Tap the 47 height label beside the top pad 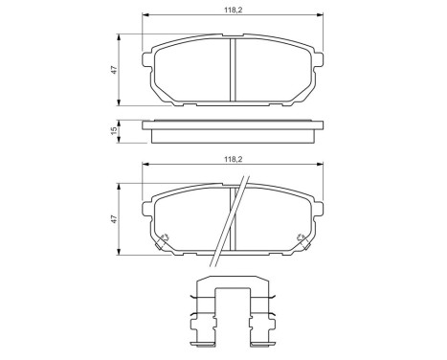(x=113, y=70)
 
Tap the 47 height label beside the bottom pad (x=113, y=219)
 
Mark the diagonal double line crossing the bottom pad (x=229, y=225)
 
